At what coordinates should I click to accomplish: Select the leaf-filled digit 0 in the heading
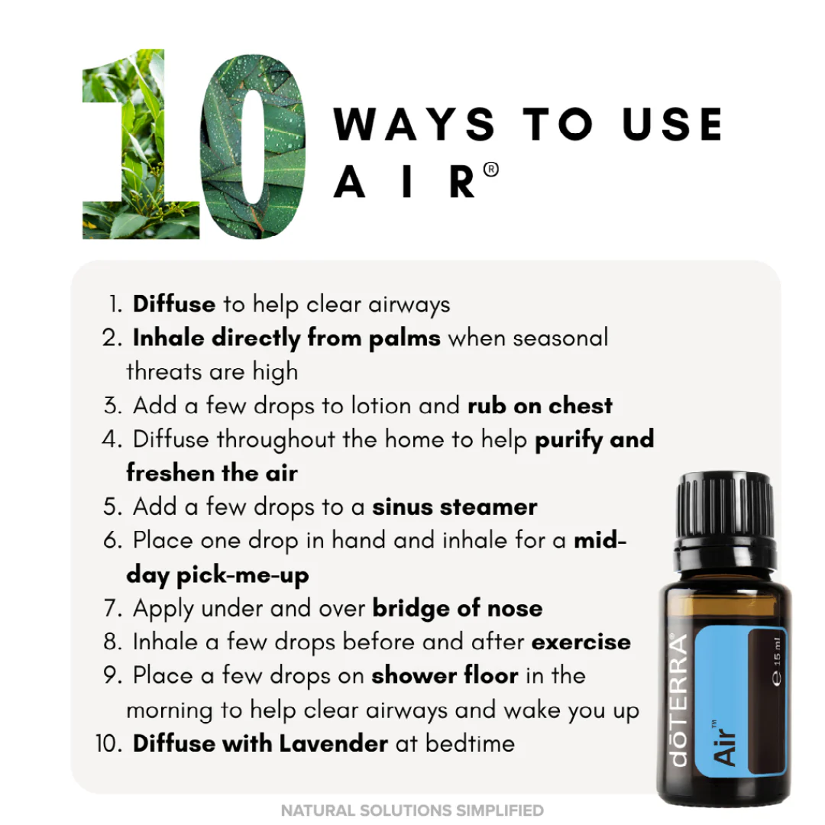click(x=254, y=145)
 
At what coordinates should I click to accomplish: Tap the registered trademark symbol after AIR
click(x=491, y=170)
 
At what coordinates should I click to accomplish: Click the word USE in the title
click(x=671, y=125)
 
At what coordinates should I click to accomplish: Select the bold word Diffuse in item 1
click(x=174, y=304)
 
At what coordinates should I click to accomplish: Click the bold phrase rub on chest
click(x=540, y=406)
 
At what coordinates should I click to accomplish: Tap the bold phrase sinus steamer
click(x=455, y=506)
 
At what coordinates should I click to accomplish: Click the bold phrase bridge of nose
click(x=458, y=608)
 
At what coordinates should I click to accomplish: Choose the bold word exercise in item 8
click(x=581, y=642)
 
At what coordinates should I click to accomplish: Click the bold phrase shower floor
click(x=445, y=675)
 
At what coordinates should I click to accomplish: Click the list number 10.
click(x=108, y=743)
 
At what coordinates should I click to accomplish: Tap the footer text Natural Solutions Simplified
click(x=412, y=810)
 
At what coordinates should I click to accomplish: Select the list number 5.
click(x=112, y=506)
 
